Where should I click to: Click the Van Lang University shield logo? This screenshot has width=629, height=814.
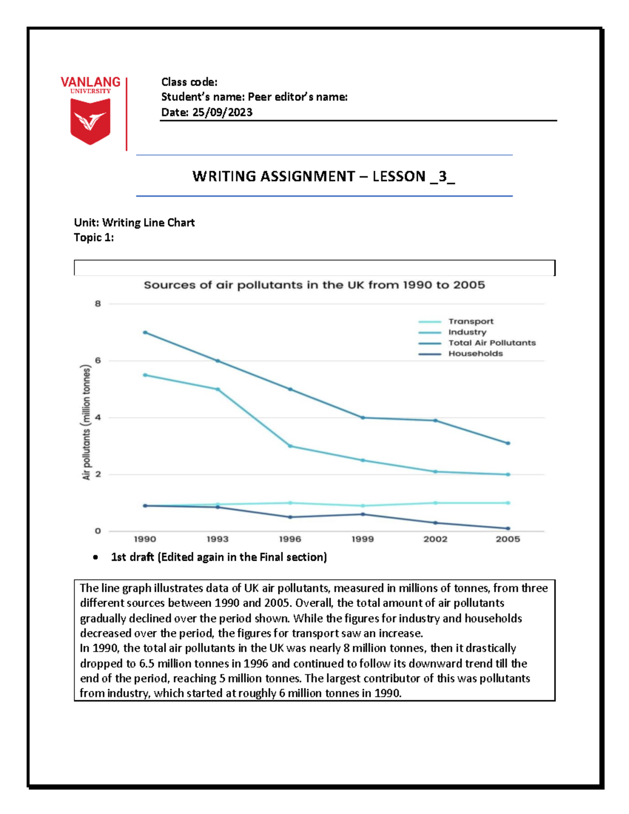[x=90, y=121]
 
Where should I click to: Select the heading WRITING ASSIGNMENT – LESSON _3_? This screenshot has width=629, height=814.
[x=323, y=176]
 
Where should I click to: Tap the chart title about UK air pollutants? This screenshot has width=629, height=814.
[x=314, y=285]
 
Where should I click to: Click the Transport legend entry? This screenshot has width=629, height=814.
[x=470, y=321]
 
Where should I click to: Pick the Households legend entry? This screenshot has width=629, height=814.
[x=475, y=354]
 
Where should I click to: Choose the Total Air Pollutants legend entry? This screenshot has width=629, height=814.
[x=492, y=343]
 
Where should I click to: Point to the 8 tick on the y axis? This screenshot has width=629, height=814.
[x=98, y=303]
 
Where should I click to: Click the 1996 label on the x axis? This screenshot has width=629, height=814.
[x=290, y=539]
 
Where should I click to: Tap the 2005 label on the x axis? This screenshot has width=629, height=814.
[x=507, y=539]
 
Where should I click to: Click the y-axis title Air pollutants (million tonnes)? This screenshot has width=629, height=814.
[x=86, y=422]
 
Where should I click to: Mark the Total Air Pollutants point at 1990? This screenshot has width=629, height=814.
[x=145, y=332]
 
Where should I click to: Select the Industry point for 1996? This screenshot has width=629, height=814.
[x=290, y=446]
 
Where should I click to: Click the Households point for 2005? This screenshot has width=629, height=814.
[x=508, y=528]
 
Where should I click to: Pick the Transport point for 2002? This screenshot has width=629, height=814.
[x=435, y=503]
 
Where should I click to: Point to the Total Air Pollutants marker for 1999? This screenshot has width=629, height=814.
[x=363, y=418]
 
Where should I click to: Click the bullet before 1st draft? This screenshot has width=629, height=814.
[x=95, y=558]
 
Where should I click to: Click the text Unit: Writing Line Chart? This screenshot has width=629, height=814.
[x=134, y=223]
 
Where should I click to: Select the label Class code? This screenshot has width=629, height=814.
[x=189, y=82]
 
